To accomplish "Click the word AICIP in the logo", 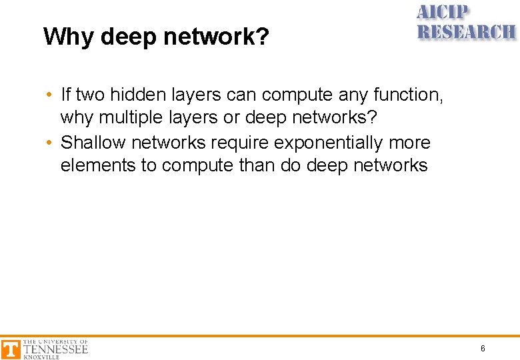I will point(443,13).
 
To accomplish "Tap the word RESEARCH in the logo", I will point(466,31).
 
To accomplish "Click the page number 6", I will point(483,349).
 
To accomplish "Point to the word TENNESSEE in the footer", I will point(55,349).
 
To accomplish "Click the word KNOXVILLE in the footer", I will point(41,357).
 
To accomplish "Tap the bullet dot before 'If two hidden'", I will point(50,95).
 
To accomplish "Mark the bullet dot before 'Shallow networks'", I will point(50,143).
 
